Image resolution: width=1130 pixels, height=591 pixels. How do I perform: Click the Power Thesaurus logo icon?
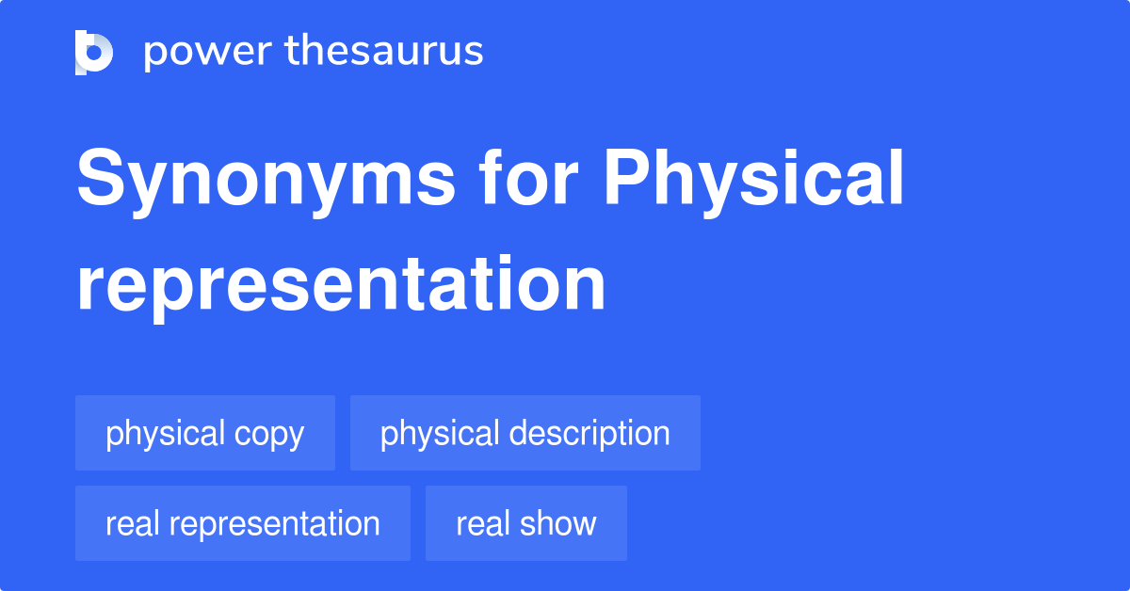coord(94,52)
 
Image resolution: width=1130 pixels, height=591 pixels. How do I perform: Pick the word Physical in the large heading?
coord(753,181)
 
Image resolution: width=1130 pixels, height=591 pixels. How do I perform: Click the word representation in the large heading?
coord(341,284)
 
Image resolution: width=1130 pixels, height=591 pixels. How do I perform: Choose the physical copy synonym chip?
coord(205,433)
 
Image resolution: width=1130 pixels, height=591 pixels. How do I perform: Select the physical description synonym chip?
coord(525,433)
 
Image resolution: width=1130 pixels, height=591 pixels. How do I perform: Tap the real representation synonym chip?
coord(243,523)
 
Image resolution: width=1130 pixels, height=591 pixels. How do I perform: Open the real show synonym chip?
coord(525,523)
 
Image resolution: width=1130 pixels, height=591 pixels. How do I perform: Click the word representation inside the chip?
coord(275,524)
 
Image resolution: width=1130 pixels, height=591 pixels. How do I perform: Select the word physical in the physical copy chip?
coord(166,435)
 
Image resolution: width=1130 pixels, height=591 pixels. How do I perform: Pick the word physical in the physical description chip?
coord(440,435)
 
